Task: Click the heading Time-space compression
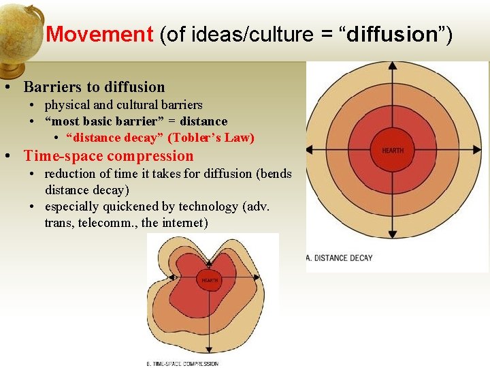tap(109, 156)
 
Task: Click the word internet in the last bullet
tap(185, 223)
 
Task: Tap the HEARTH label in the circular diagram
tap(393, 151)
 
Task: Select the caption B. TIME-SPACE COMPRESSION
tap(183, 363)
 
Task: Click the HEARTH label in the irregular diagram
tap(209, 280)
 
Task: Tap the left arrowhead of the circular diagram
tap(310, 150)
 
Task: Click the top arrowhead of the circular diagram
tap(393, 67)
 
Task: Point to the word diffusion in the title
tap(391, 34)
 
